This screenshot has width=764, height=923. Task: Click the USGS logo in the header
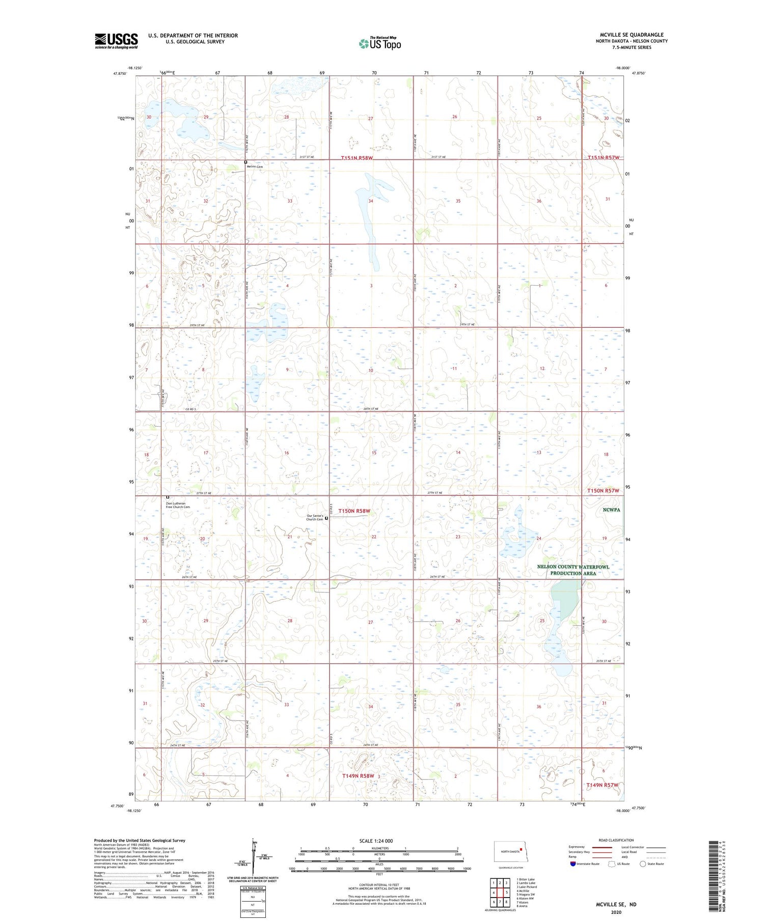[116, 41]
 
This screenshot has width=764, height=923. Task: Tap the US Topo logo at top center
[379, 44]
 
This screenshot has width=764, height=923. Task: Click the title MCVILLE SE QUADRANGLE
[632, 35]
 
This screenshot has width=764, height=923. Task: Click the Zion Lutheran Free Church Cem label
[178, 505]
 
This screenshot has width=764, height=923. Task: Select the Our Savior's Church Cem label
[315, 518]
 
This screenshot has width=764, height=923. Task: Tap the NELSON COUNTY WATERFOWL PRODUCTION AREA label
[573, 570]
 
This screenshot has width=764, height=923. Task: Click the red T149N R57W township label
[602, 785]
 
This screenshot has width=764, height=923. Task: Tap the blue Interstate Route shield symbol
[572, 864]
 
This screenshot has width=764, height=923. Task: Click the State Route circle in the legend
[643, 864]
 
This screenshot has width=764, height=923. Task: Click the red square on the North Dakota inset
[521, 849]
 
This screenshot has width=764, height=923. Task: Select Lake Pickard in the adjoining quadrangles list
[527, 886]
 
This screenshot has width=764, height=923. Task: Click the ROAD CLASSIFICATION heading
[616, 840]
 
